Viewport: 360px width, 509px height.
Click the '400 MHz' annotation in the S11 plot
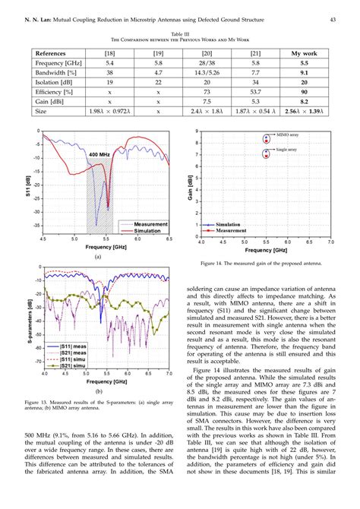pyautogui.click(x=99, y=154)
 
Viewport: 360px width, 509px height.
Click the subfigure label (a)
pyautogui.click(x=98, y=257)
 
